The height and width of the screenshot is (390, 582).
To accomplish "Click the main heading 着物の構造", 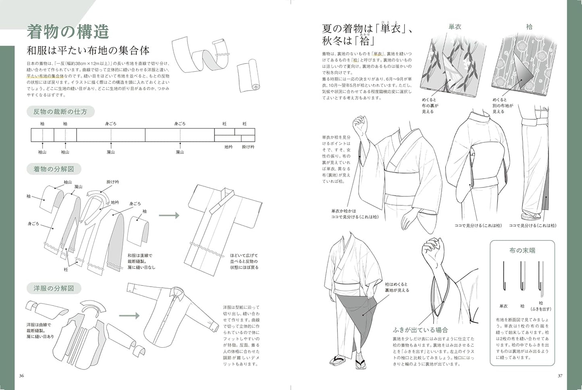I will (x=68, y=32).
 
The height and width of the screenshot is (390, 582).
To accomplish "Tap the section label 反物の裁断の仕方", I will (x=60, y=111).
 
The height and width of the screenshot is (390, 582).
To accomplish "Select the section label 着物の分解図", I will (x=54, y=169).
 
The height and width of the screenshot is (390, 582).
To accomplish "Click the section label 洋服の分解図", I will (x=54, y=288).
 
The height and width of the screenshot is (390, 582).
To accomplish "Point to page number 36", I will (x=22, y=376).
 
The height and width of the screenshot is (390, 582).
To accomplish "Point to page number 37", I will (x=560, y=376).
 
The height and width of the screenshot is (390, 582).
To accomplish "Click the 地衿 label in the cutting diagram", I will (x=228, y=147).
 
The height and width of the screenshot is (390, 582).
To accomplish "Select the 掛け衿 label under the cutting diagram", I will (x=248, y=147).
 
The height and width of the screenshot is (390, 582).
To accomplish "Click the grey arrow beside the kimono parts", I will (x=169, y=215).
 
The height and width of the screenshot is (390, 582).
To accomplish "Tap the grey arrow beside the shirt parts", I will (x=129, y=316).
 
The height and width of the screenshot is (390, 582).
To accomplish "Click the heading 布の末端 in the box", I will (x=522, y=250).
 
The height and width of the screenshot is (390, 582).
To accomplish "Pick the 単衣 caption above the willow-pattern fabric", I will (x=455, y=27).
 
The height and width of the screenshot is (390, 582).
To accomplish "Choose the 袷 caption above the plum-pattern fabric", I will (x=529, y=27).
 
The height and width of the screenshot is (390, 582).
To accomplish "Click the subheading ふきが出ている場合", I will (x=420, y=330).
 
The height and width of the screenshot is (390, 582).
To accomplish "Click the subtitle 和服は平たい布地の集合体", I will (x=88, y=50).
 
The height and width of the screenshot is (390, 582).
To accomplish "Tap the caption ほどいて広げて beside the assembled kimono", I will (x=244, y=255).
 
